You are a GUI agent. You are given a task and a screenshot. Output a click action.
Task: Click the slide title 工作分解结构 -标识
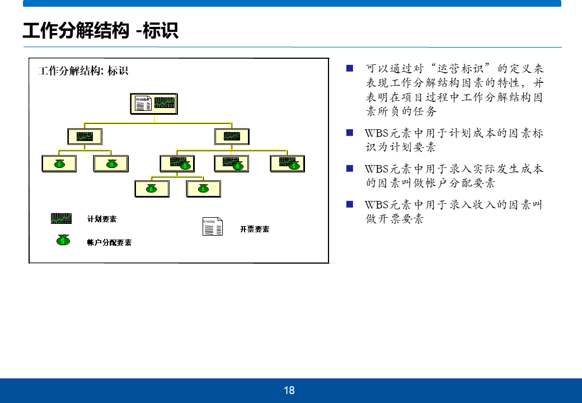(x=101, y=30)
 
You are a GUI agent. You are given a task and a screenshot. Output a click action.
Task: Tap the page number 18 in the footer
(x=289, y=391)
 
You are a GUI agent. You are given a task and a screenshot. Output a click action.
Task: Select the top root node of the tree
(x=154, y=104)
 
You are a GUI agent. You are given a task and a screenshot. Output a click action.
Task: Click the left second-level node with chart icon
(x=85, y=136)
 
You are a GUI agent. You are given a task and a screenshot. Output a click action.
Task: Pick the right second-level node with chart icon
(x=232, y=136)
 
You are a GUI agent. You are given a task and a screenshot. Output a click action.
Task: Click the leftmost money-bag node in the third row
(x=59, y=163)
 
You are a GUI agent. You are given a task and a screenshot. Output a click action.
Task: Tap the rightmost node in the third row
(x=287, y=163)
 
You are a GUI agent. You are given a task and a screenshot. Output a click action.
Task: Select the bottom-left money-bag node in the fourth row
(x=152, y=189)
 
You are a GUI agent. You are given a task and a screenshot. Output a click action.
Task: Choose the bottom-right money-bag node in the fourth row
(x=203, y=189)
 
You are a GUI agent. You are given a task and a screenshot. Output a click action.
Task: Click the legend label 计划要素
(x=102, y=219)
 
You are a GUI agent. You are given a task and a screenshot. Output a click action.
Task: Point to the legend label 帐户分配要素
(x=109, y=242)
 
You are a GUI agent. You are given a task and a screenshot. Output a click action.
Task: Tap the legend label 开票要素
(x=255, y=229)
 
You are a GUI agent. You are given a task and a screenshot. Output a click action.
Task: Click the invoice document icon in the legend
(x=213, y=226)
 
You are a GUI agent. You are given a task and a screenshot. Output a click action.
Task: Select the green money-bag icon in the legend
(x=63, y=240)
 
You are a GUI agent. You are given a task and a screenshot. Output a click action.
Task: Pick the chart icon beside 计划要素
(x=61, y=218)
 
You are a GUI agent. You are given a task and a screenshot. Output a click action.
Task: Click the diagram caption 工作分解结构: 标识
(x=83, y=71)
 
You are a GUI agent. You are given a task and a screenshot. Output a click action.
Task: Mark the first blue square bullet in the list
(x=350, y=68)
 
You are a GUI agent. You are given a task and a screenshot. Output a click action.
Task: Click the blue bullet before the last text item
(x=350, y=204)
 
